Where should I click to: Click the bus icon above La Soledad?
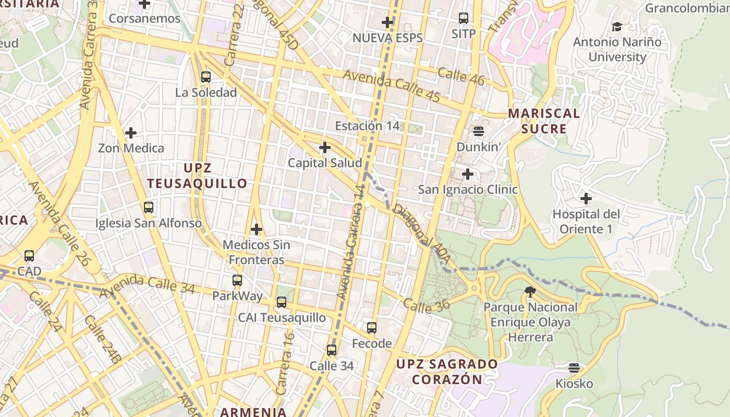tap(206, 77)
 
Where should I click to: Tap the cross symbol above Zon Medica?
tap(130, 133)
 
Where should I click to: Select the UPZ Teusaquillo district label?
tap(197, 176)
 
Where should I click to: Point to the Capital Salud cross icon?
tap(325, 148)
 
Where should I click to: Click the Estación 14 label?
tap(367, 126)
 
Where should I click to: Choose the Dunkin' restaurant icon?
tap(479, 131)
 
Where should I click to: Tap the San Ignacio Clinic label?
tap(468, 189)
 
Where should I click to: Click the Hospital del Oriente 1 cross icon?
tap(586, 198)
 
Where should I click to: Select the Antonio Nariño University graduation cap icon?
tap(617, 26)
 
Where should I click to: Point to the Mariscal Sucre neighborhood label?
tap(544, 121)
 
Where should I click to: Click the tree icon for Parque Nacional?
tap(530, 291)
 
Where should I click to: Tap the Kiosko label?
tap(574, 384)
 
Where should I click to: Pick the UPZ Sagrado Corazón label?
tap(447, 371)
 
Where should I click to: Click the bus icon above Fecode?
tap(372, 327)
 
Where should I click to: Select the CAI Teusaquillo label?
tap(282, 317)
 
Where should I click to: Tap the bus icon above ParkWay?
tap(237, 280)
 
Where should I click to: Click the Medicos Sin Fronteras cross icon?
tap(257, 229)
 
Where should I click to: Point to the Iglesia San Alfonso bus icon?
tap(149, 207)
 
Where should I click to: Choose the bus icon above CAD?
tap(29, 256)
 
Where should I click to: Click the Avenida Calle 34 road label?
tap(147, 285)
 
